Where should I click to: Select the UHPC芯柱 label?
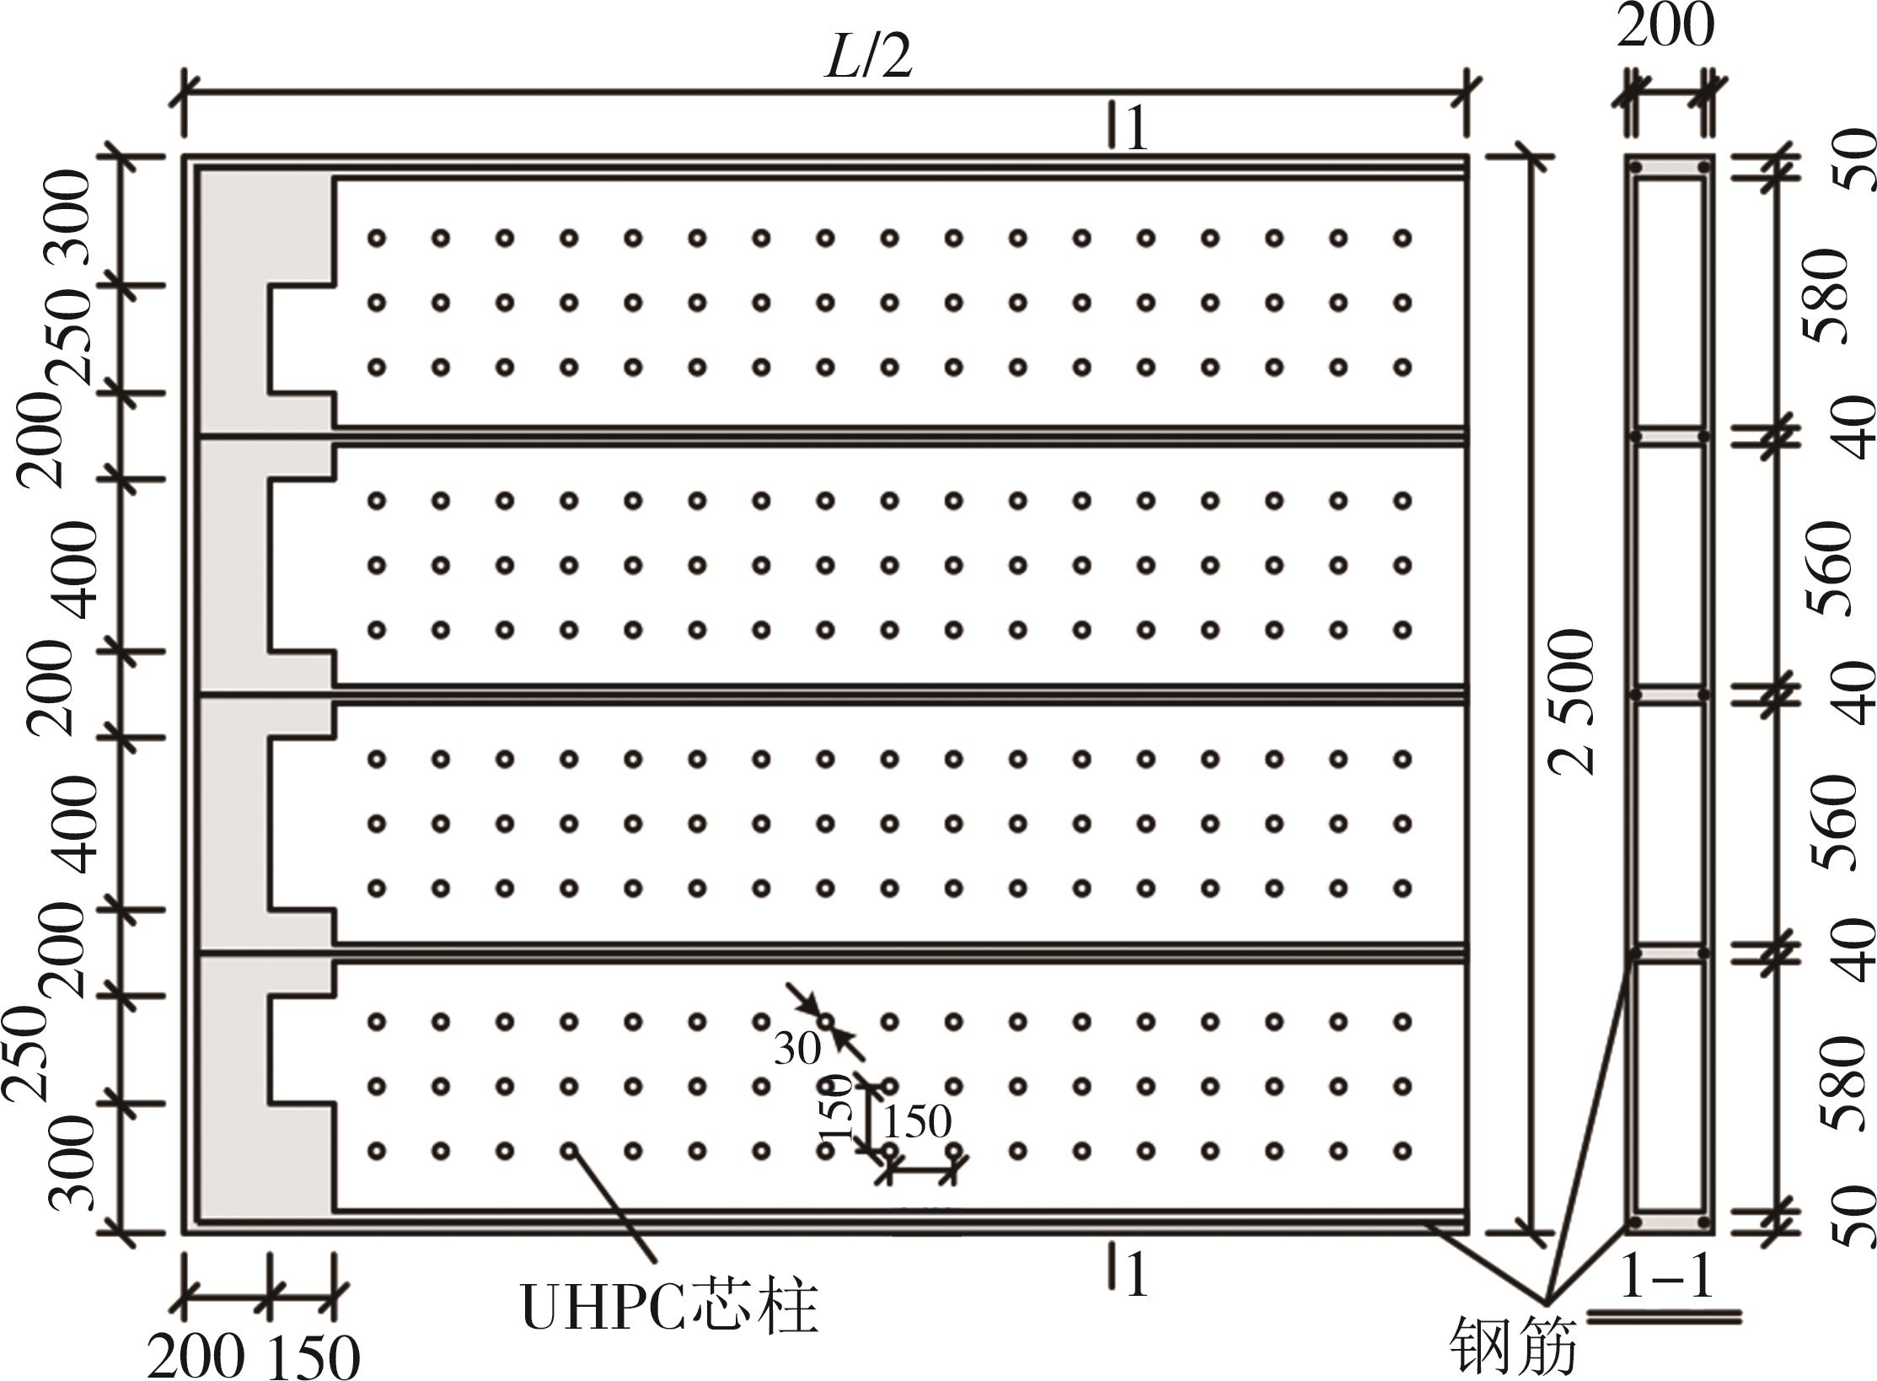tap(670, 1308)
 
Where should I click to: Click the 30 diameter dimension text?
tap(796, 1050)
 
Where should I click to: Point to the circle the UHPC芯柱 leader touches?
tap(569, 1150)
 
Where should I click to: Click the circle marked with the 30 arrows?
tap(826, 1022)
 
